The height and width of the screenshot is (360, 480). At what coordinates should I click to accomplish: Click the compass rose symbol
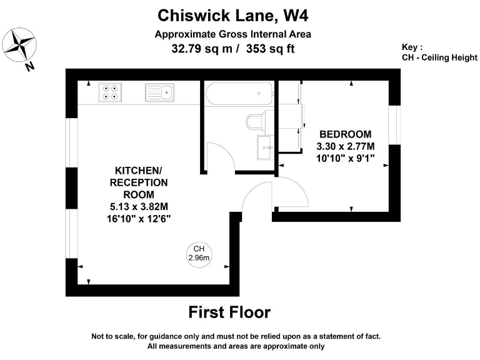tap(19, 45)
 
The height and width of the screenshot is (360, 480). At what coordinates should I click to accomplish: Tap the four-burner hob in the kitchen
tap(110, 92)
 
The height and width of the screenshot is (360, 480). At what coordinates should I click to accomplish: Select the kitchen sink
tap(159, 92)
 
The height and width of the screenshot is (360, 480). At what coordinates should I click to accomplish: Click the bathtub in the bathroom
tap(239, 94)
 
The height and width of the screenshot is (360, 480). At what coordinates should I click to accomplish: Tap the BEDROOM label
tap(345, 134)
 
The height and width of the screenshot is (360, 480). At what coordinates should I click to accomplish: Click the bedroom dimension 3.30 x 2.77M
tap(345, 146)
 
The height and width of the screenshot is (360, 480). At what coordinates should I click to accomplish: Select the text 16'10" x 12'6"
tap(138, 219)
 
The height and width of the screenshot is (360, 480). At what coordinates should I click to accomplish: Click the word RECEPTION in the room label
tap(139, 182)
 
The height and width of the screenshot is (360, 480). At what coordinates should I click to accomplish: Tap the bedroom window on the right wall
tap(394, 125)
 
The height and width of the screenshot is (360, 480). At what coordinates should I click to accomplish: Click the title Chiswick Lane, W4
tap(232, 15)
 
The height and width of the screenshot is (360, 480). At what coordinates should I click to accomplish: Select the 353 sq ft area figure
tap(270, 48)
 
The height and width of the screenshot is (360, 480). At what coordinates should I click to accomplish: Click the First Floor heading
tap(229, 312)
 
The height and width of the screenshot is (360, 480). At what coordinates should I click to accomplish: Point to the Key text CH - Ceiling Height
tap(439, 57)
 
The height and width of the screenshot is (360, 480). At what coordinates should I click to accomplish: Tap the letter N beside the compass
tap(29, 66)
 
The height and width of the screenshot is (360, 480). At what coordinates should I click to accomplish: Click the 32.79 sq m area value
tap(202, 49)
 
